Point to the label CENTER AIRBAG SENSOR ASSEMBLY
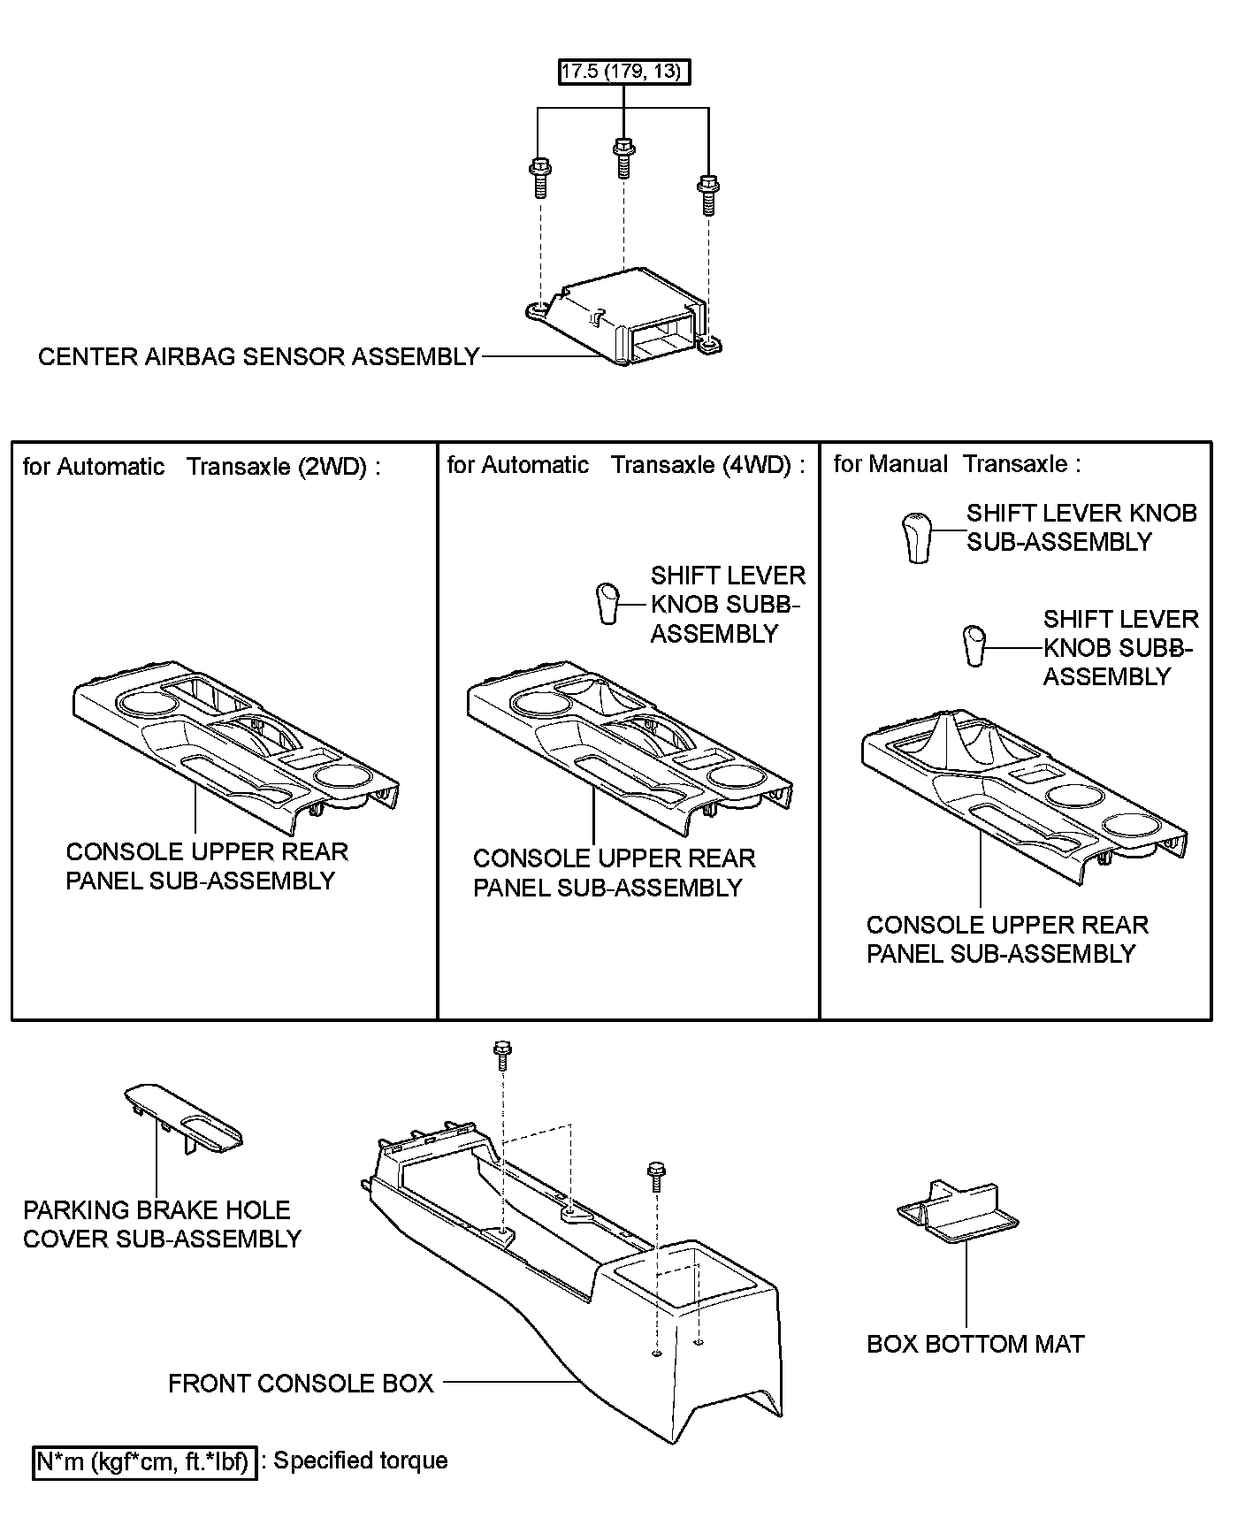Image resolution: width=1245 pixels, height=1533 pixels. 258,357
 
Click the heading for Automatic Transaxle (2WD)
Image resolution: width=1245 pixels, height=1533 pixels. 202,466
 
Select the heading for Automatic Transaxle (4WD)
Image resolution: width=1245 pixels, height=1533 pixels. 626,465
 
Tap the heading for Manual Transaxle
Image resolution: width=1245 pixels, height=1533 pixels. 957,464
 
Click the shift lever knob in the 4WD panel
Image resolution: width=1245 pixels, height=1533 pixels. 607,603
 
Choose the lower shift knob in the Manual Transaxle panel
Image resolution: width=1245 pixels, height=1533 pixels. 974,645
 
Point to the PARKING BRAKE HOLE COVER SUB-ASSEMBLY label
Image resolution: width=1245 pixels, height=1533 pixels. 162,1224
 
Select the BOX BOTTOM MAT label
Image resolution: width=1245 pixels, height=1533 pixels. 975,1345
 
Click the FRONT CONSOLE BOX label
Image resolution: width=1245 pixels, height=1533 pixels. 301,1384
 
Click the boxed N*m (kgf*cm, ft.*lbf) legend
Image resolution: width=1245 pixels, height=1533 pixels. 145,1462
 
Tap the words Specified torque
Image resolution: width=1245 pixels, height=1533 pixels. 361,1461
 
